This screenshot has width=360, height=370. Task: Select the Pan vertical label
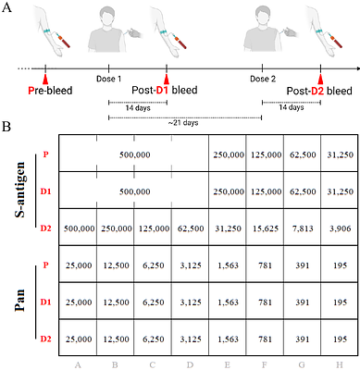point(19,298)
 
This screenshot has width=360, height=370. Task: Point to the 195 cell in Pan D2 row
point(339,339)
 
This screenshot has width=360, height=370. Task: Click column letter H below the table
point(339,364)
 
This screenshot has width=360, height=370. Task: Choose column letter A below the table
point(78,364)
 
